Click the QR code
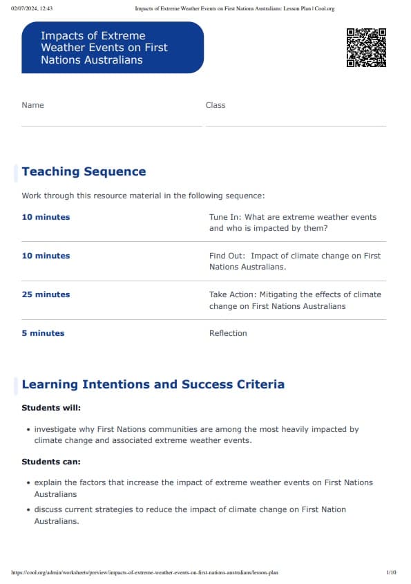[366, 47]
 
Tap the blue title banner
[113, 47]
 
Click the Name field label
[32, 105]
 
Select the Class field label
[216, 105]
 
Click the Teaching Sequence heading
[84, 171]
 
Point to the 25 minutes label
[46, 294]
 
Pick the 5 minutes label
[43, 333]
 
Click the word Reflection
[228, 333]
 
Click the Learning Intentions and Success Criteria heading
[153, 384]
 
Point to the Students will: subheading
[51, 408]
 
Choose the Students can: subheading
[51, 462]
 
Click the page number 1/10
[391, 573]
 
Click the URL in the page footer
[145, 573]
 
